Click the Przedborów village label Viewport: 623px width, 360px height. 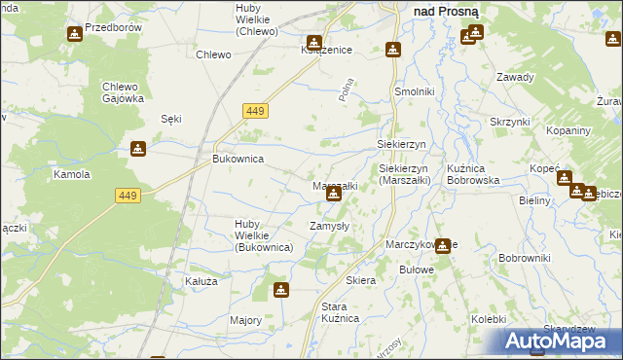(x=114, y=28)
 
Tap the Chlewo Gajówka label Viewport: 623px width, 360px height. (x=124, y=92)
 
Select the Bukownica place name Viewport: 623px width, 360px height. (x=238, y=158)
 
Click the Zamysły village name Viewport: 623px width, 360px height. (x=329, y=226)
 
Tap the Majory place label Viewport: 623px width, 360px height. (x=245, y=320)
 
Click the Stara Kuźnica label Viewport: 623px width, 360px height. (x=341, y=312)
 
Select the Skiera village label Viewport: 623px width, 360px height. (x=360, y=280)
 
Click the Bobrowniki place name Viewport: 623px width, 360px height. (x=525, y=258)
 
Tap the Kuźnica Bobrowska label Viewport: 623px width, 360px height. (x=473, y=174)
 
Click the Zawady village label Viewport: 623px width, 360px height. (x=515, y=77)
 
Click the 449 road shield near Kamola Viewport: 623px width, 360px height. (x=128, y=196)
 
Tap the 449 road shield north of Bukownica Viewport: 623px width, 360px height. (x=254, y=112)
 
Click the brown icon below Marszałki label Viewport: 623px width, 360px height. (x=334, y=195)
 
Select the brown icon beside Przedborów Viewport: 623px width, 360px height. (x=75, y=34)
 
